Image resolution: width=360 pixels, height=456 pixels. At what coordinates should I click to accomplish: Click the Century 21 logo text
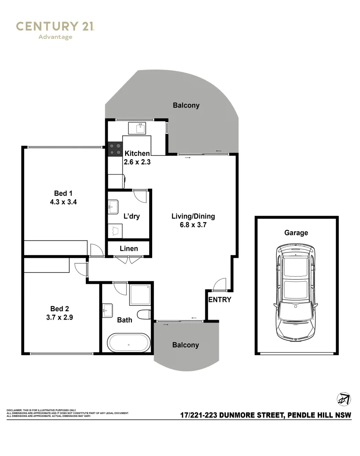[55, 26]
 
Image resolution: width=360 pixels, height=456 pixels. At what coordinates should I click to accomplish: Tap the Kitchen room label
[136, 154]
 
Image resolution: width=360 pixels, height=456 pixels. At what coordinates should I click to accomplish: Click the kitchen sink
[139, 128]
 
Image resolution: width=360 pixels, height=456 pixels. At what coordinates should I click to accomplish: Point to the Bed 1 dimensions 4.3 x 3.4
[63, 202]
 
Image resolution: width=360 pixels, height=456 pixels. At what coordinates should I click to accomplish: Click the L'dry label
[131, 216]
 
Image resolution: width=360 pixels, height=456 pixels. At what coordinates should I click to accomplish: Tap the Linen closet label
[128, 249]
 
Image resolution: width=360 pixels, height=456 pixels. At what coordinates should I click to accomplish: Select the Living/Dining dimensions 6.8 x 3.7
[193, 225]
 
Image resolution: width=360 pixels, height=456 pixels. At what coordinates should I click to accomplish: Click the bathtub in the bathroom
[129, 343]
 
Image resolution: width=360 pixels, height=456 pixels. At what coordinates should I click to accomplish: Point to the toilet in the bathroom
[145, 315]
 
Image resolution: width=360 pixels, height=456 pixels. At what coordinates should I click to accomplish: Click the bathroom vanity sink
[107, 311]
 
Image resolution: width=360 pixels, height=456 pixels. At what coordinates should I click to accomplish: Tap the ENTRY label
[220, 300]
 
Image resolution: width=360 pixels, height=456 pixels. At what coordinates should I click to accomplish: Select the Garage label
[296, 233]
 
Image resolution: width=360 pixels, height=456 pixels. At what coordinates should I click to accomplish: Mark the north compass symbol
[344, 399]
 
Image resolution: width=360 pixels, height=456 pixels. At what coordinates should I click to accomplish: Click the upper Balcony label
[186, 105]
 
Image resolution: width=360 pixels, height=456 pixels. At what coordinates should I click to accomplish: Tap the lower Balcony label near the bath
[185, 345]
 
